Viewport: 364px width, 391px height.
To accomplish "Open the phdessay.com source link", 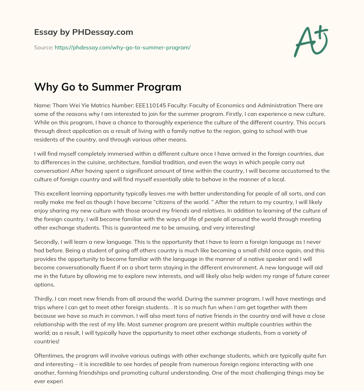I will (x=122, y=47).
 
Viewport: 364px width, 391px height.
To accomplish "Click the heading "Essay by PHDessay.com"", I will (x=84, y=32).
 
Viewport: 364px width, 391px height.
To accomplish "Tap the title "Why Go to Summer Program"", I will (x=108, y=87).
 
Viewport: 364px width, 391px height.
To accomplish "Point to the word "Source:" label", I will (x=43, y=47).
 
